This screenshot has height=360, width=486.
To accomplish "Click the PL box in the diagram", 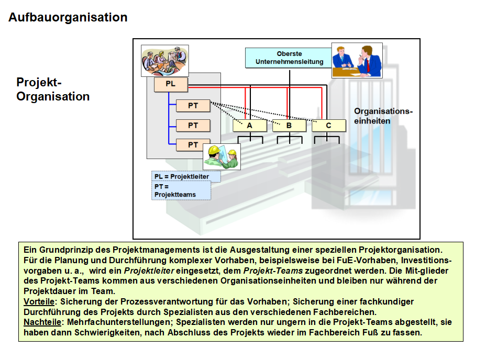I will click(x=171, y=84).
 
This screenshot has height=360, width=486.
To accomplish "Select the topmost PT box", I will click(x=193, y=106).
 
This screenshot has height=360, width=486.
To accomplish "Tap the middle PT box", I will click(x=193, y=126).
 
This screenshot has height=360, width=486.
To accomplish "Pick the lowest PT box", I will click(x=193, y=145).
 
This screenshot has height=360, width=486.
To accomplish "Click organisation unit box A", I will click(x=249, y=126).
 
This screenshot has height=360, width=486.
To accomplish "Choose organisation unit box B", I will click(x=289, y=126).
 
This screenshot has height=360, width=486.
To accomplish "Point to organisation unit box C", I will click(x=329, y=126).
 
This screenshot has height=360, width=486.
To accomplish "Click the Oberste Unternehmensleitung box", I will click(x=289, y=58).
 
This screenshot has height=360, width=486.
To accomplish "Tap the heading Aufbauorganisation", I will click(x=68, y=17).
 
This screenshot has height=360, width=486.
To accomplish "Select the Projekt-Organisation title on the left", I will click(x=53, y=89).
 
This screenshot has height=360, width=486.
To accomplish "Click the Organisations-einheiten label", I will click(x=383, y=116).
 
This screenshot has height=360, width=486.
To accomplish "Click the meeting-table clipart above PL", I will click(x=165, y=60).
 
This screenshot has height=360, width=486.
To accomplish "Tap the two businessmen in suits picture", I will click(x=357, y=60).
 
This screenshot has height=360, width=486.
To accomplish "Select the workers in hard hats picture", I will click(x=222, y=156).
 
